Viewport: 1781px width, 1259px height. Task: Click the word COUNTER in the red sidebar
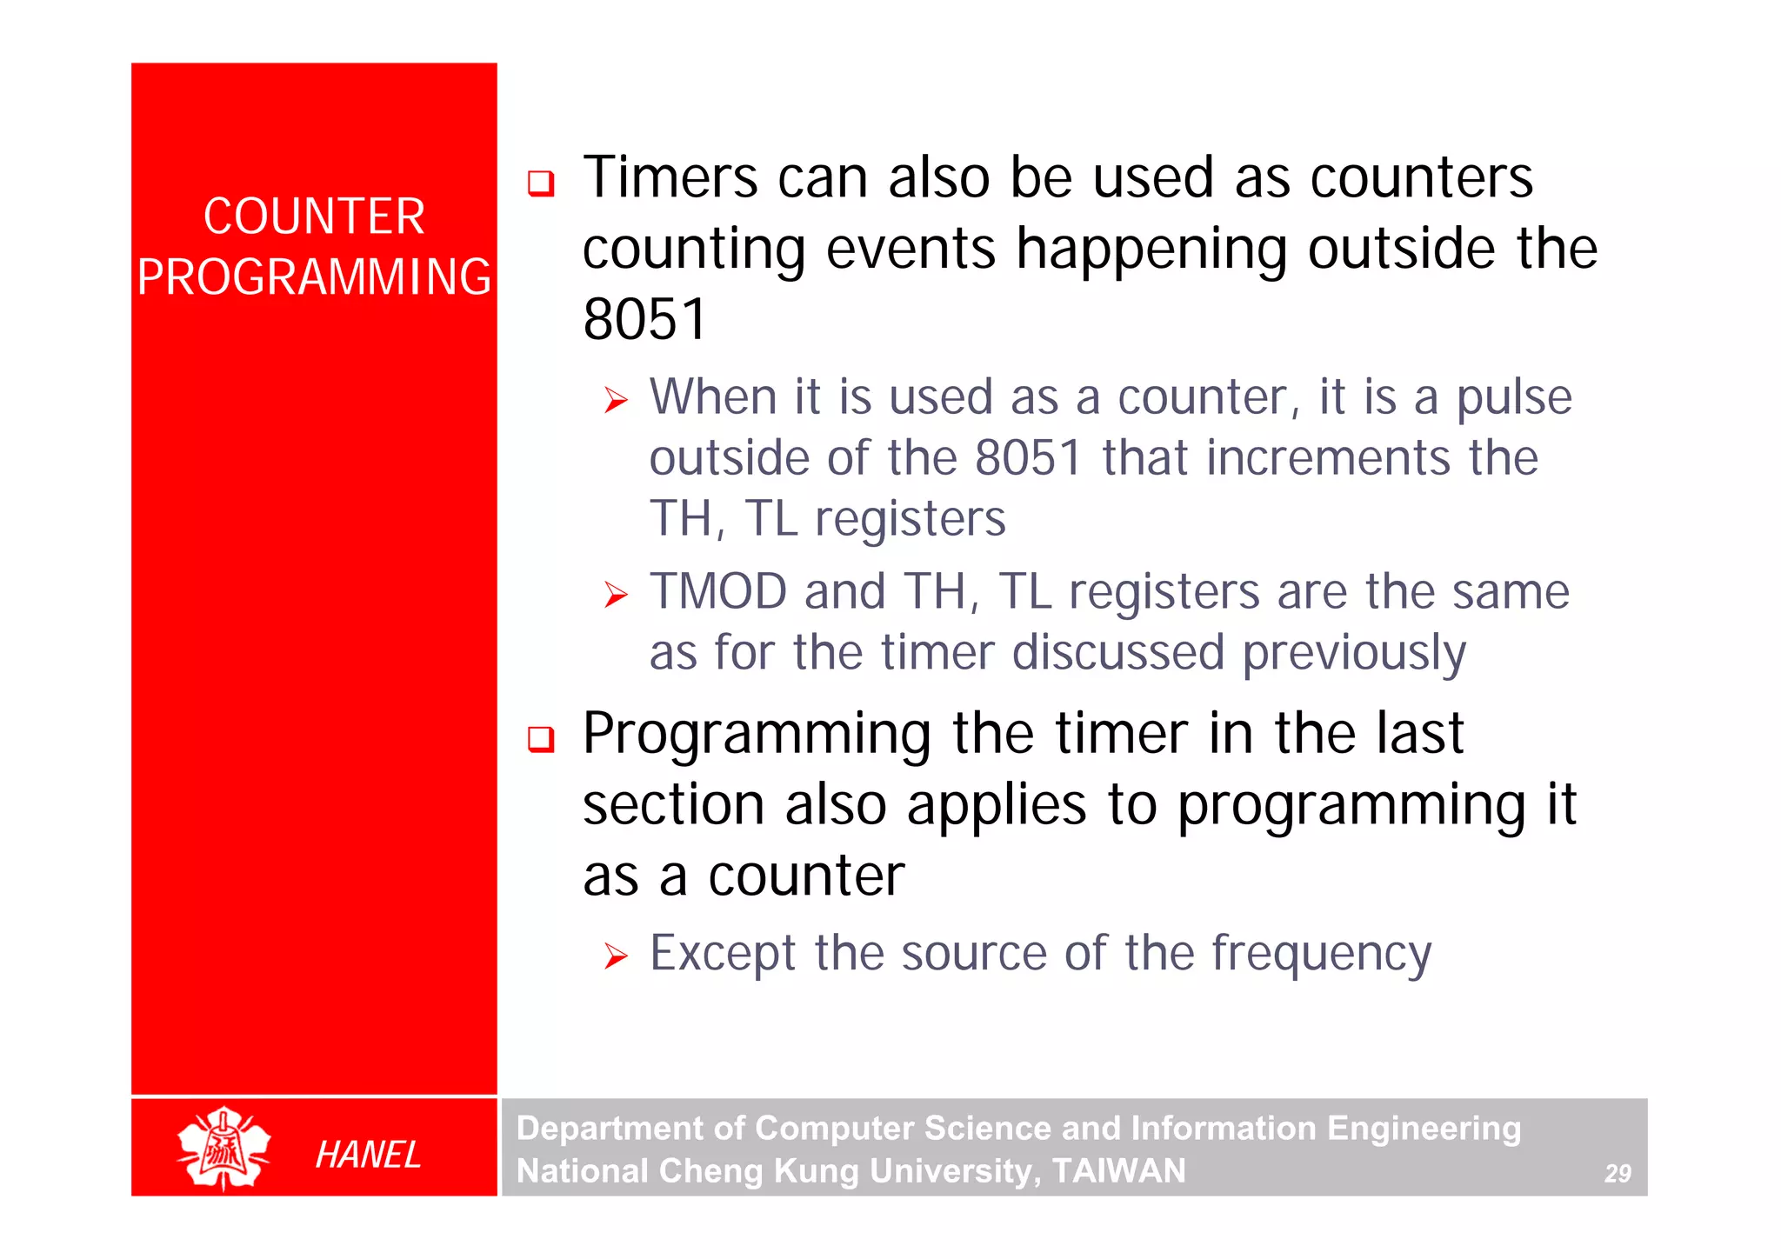tap(314, 216)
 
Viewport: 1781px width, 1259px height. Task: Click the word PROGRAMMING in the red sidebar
tap(314, 277)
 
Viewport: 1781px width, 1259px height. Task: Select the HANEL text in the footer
tap(368, 1155)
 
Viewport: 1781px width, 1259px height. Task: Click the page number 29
tap(1617, 1174)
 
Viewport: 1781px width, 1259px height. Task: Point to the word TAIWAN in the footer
tap(1118, 1171)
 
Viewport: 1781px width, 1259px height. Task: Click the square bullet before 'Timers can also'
tap(541, 183)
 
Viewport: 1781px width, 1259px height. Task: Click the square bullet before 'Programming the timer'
tap(541, 739)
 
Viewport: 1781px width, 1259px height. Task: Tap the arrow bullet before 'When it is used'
tap(616, 401)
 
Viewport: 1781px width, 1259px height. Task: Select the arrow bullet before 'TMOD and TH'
tap(616, 596)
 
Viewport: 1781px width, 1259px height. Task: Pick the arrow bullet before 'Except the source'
tap(616, 957)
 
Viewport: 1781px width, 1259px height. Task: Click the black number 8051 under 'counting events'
tap(644, 319)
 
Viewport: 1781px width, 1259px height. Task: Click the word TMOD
tap(718, 592)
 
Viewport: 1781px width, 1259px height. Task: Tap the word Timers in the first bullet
tap(670, 177)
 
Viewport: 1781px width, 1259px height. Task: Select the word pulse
tap(1513, 399)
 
